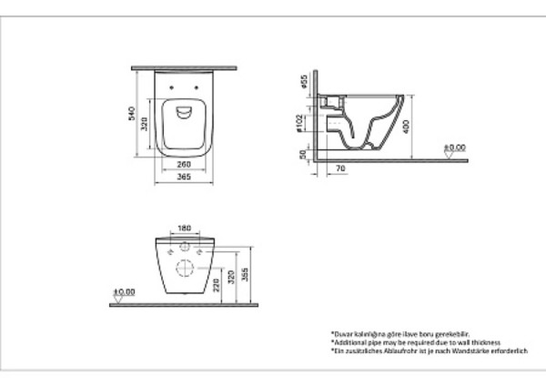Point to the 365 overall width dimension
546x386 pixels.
185,178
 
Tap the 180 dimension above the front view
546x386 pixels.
185,229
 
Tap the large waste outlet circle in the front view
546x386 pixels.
185,268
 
